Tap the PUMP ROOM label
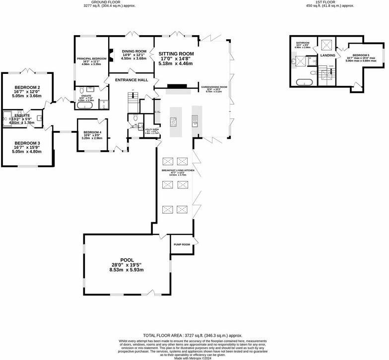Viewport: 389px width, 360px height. point(182,244)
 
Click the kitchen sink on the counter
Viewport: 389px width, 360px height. point(195,119)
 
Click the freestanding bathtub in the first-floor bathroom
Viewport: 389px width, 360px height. point(304,82)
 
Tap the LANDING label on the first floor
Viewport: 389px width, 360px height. point(327,55)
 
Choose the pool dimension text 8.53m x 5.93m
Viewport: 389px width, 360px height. point(127,270)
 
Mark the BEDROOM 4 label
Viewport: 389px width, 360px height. point(92,132)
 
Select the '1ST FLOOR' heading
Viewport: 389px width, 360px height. point(324,2)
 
